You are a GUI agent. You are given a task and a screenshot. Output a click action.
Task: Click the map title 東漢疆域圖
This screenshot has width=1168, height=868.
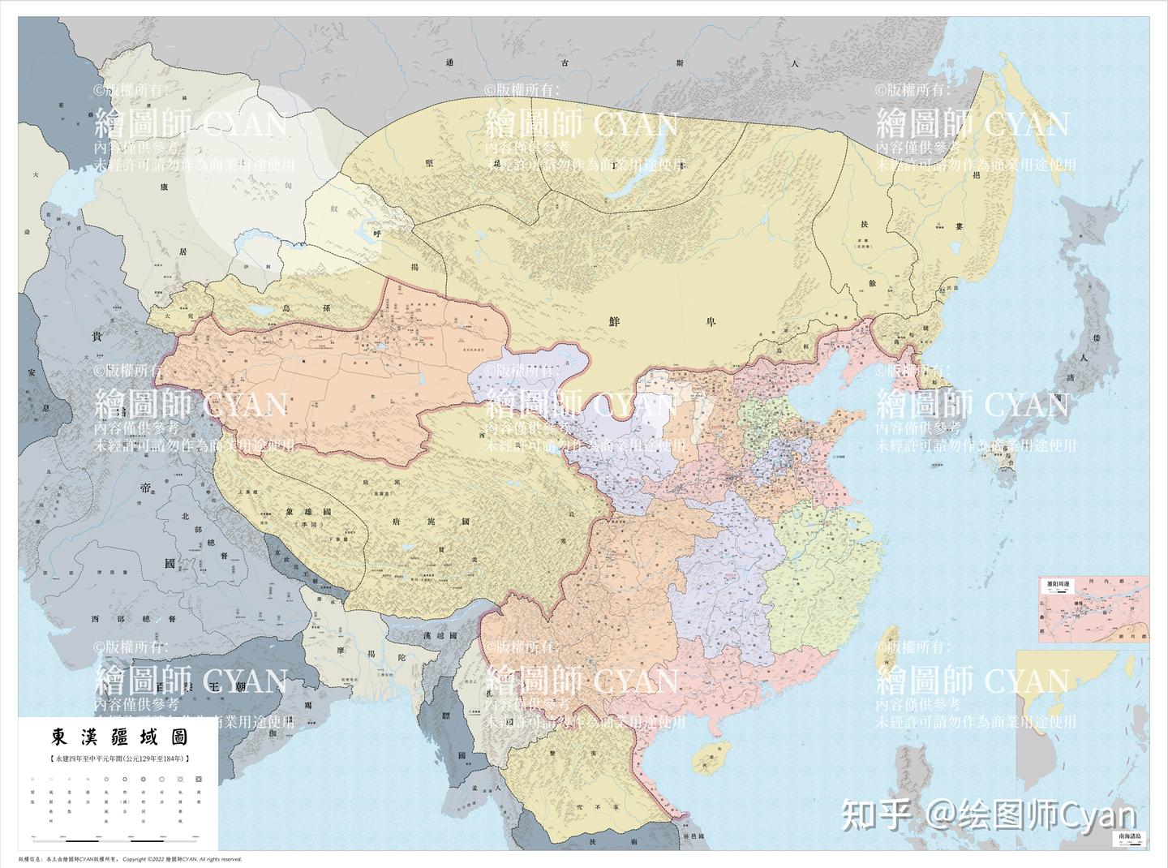click(120, 737)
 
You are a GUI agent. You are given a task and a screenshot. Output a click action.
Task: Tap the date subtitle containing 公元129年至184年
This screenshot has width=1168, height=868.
click(120, 758)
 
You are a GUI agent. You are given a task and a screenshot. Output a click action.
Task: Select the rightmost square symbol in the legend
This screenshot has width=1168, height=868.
click(198, 780)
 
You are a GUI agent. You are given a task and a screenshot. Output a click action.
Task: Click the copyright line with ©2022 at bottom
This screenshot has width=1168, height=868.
click(130, 858)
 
